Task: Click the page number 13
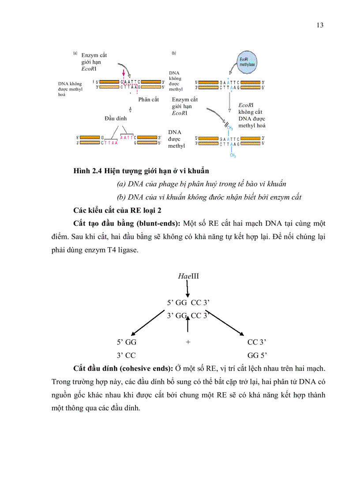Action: [x=320, y=25]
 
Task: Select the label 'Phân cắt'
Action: [x=148, y=99]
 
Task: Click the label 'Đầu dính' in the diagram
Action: [x=115, y=119]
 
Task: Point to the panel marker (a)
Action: [x=75, y=53]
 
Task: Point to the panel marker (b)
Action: [x=174, y=53]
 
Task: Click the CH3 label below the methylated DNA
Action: [x=230, y=155]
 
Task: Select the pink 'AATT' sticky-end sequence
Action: [x=127, y=137]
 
